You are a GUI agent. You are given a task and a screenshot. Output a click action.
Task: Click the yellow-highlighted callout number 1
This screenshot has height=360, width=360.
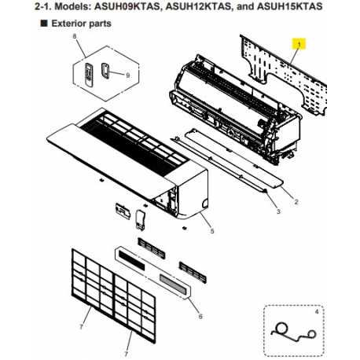tap(299, 46)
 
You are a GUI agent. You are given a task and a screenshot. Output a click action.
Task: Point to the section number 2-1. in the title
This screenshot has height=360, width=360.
tap(18, 6)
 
